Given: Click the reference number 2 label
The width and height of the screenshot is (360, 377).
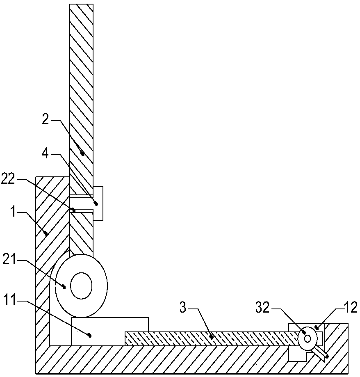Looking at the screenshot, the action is point(46,119).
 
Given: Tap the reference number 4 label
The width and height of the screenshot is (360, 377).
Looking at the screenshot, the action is point(45,153).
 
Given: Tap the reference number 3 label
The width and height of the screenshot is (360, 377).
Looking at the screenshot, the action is point(183,308).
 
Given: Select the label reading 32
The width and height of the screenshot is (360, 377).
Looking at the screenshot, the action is point(262,308).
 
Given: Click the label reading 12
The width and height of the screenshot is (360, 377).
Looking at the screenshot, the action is point(351,308).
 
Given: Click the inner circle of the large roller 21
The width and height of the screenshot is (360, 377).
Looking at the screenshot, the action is point(81,286).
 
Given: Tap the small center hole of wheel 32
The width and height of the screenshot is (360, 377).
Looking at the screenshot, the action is point(308,338).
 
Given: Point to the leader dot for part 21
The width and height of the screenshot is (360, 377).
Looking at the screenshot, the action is point(64,287).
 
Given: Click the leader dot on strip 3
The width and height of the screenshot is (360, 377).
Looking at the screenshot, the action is point(212,337).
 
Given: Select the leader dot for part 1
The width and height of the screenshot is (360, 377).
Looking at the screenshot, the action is point(46,233).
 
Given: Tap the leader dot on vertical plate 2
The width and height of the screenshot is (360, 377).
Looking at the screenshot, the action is point(83,154).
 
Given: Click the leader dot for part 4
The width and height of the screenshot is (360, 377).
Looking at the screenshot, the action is point(96,204).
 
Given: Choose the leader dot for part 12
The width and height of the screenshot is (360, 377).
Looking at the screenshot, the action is point(317,327).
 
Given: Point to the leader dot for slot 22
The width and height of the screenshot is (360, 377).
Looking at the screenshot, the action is point(73,210).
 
